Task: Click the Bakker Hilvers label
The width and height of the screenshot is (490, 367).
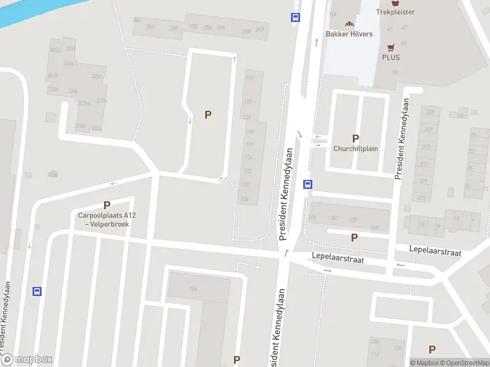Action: (x=349, y=34)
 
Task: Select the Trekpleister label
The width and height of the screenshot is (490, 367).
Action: (x=395, y=12)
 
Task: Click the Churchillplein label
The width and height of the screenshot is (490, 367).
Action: (x=355, y=149)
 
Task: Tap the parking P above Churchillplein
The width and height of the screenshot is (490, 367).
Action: (x=355, y=138)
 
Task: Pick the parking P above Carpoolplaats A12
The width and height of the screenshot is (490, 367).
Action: (x=107, y=206)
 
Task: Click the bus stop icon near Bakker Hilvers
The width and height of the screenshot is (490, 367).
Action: (x=296, y=17)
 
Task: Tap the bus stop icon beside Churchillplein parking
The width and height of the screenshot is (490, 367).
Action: (x=307, y=183)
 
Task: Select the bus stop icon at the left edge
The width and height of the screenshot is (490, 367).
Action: (x=37, y=292)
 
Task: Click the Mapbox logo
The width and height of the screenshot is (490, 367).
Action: (x=27, y=360)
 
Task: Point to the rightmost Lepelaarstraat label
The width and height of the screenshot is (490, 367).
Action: (x=436, y=251)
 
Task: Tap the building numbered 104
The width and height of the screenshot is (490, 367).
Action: (x=194, y=289)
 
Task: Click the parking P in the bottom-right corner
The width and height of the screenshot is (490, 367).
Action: (x=432, y=349)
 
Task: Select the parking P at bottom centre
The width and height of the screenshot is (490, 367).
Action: (x=236, y=360)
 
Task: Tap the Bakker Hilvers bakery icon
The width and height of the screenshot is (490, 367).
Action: (x=350, y=23)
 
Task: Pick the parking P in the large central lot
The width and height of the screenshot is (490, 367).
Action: (x=208, y=114)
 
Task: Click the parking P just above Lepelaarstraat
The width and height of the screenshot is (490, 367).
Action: (x=354, y=237)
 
